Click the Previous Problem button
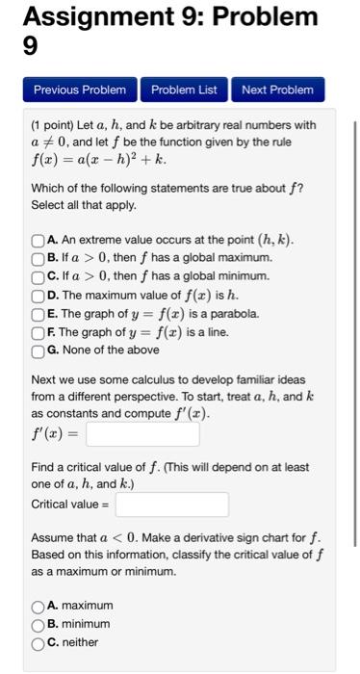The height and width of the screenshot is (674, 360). coord(80,90)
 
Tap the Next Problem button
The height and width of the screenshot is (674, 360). coord(277,90)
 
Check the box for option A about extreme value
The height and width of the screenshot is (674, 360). coord(38,240)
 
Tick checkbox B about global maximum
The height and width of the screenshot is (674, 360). coord(38,258)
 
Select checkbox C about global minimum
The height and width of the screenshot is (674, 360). coord(38,276)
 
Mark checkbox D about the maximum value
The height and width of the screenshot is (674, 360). coord(38,296)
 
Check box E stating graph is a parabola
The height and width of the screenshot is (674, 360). coord(38,314)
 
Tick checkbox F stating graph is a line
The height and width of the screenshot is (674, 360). coord(38,332)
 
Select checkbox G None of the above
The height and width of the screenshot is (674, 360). coord(38,350)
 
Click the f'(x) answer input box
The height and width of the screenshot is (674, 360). coord(142,434)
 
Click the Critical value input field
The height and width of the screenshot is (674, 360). coord(172,504)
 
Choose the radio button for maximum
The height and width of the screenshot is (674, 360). coord(38,606)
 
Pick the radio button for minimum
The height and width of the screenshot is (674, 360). coord(38,624)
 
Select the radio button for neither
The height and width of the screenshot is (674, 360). coord(38,642)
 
